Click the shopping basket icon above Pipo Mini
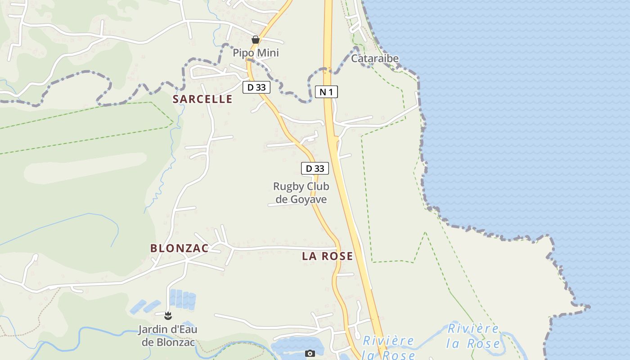[x=256, y=40]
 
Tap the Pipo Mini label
[x=256, y=53]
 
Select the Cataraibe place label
[x=375, y=58]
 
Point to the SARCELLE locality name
[x=202, y=99]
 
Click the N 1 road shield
[x=326, y=92]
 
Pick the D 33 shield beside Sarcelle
[x=256, y=87]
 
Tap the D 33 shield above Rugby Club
[x=315, y=168]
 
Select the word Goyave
[x=308, y=199]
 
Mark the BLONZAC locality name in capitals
[x=179, y=248]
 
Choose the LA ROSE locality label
[x=327, y=256]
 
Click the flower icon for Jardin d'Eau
[x=168, y=315]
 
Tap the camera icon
[x=310, y=353]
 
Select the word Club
[x=318, y=186]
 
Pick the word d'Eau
[x=183, y=329]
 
